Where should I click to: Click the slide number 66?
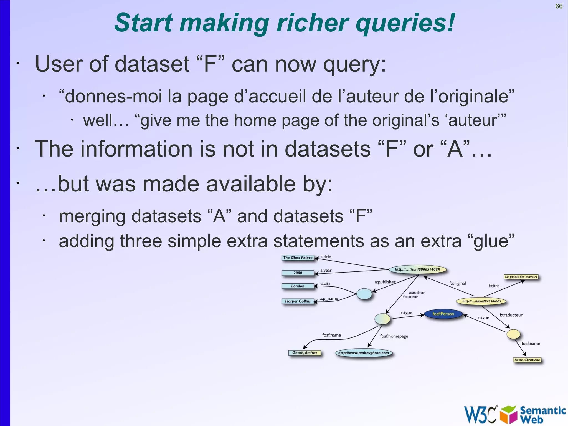click(559, 6)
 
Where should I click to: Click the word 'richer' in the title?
click(313, 23)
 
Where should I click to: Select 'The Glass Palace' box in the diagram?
click(298, 258)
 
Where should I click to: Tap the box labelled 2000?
click(298, 273)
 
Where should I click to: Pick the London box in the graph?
click(298, 286)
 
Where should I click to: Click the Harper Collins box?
click(298, 301)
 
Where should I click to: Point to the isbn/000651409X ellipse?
click(417, 269)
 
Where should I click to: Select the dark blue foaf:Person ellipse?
click(443, 314)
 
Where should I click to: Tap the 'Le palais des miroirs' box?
click(521, 277)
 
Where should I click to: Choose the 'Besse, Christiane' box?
click(527, 360)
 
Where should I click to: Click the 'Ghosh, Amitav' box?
click(305, 353)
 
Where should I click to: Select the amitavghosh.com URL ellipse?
click(363, 353)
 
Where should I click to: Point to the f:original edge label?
click(457, 283)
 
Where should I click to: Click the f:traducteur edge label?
click(511, 315)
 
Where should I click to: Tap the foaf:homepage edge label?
click(394, 336)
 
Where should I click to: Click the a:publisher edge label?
click(385, 282)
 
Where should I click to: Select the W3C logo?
click(480, 414)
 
